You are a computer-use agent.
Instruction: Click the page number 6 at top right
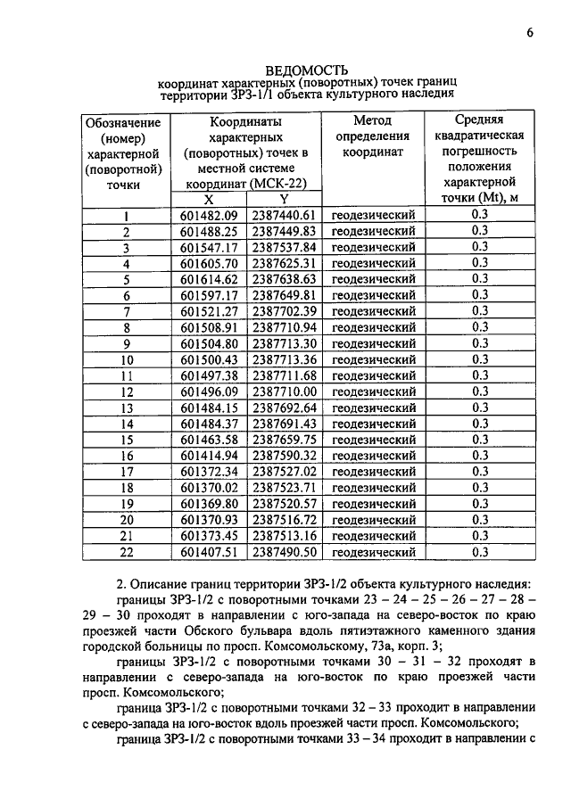tap(529, 33)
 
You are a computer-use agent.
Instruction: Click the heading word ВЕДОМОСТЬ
tap(307, 70)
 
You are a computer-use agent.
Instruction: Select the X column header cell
tap(209, 200)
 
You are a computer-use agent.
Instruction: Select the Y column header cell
tap(284, 200)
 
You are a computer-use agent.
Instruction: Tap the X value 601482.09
tap(209, 216)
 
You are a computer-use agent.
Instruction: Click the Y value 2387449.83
tap(284, 232)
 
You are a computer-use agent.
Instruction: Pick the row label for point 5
tap(126, 280)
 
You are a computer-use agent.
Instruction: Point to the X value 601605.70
tap(209, 264)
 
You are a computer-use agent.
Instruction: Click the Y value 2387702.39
tap(284, 311)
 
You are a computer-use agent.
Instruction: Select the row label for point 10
tap(126, 359)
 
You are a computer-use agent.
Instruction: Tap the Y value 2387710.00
tap(284, 391)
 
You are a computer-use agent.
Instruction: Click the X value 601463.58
tap(209, 440)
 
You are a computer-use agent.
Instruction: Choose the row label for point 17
tap(126, 472)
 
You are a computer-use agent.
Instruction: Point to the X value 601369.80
tap(209, 504)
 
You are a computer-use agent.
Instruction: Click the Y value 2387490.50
tap(284, 552)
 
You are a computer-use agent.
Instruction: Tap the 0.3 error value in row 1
tap(479, 216)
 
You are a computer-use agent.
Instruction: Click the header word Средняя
tap(479, 119)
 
